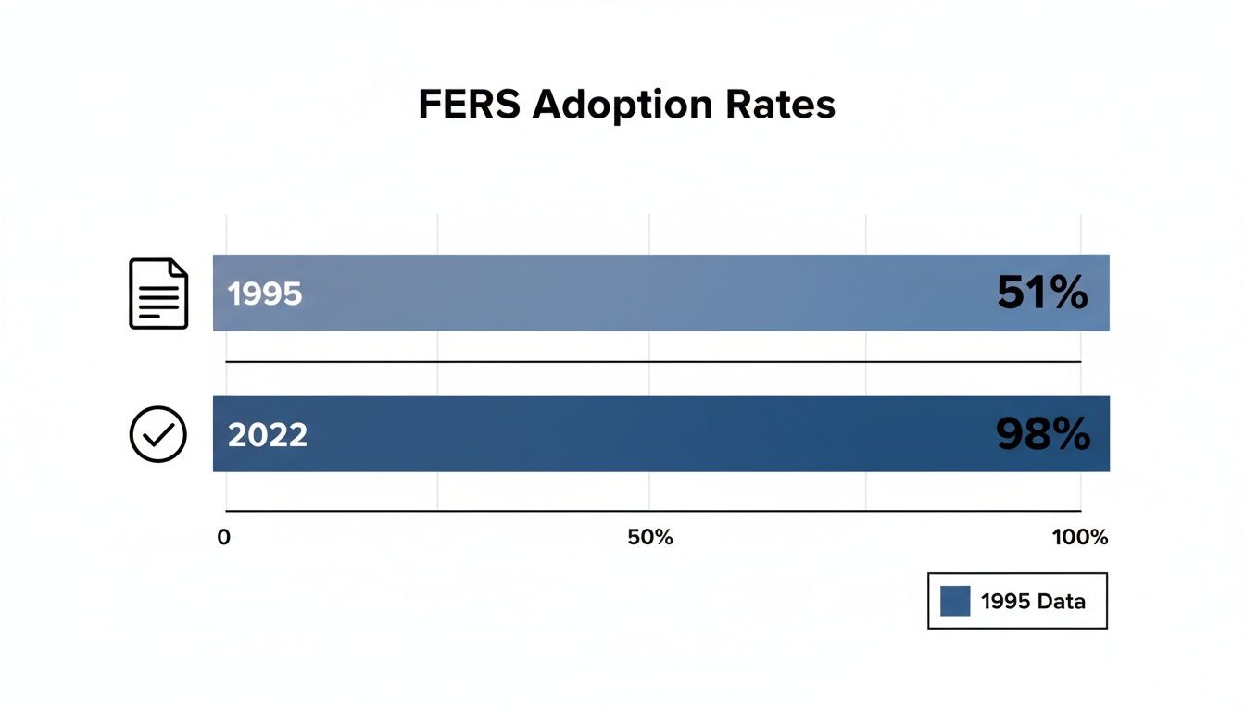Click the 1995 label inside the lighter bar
(265, 293)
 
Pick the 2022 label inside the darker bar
(267, 434)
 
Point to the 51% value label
(1042, 293)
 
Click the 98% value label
(1042, 434)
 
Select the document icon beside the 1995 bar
(158, 293)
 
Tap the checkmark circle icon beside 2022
(158, 434)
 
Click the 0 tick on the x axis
(223, 537)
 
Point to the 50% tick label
(650, 537)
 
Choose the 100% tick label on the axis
(1080, 537)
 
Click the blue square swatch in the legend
(955, 601)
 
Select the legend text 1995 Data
(1032, 601)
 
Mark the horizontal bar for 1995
(648, 293)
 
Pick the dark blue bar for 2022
(648, 434)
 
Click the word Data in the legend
(1061, 601)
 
